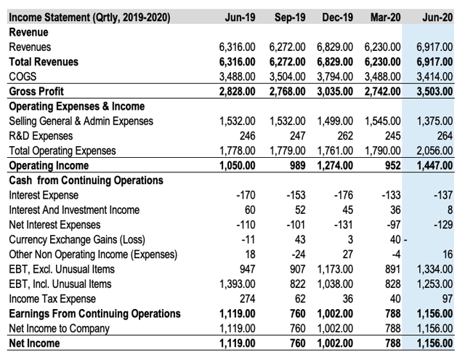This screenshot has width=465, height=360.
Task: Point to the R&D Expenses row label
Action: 41,136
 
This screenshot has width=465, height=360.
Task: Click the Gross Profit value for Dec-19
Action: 334,92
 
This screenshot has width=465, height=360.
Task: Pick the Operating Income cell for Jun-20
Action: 434,166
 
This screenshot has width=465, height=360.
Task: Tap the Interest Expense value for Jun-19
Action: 244,196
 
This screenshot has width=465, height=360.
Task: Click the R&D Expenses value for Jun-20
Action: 443,136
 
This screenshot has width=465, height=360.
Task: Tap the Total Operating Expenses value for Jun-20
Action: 434,151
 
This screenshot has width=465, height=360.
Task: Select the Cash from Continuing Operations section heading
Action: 86,180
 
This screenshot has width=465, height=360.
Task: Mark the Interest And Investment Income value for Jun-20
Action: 450,210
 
